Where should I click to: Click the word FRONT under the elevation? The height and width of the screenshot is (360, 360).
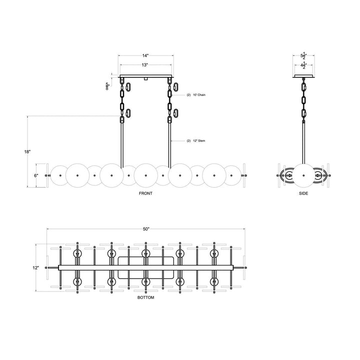pos(146,193)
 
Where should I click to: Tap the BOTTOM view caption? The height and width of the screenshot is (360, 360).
pos(146,297)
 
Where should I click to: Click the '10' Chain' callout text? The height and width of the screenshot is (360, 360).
pos(196,94)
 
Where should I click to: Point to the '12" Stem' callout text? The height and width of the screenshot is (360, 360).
pos(196,141)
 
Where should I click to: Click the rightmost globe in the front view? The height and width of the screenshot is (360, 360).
pos(232,175)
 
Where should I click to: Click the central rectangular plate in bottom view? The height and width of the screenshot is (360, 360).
pos(146,268)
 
